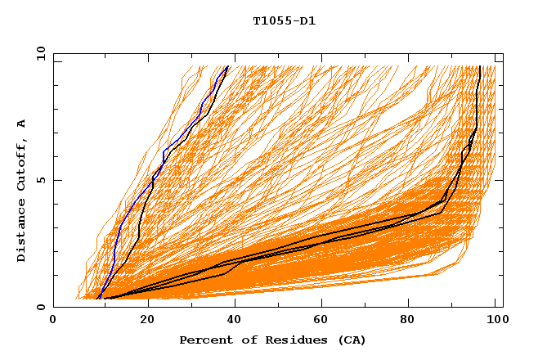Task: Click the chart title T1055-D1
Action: [284, 21]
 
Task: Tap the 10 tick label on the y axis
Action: [38, 53]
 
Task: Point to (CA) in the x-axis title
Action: [352, 340]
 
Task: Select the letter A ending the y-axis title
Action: [22, 124]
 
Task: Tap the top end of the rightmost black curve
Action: [479, 67]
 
